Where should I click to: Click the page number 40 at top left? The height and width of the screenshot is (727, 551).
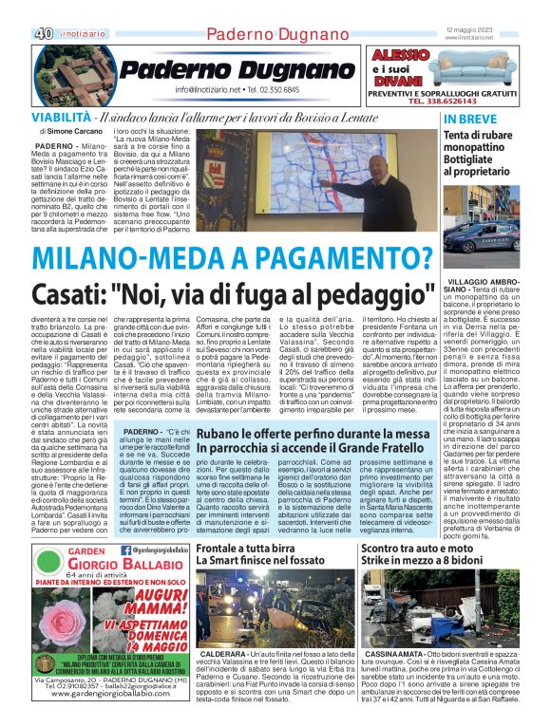(42, 33)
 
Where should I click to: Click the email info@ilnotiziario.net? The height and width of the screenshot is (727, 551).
(208, 90)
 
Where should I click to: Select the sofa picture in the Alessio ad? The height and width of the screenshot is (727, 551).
(473, 65)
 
